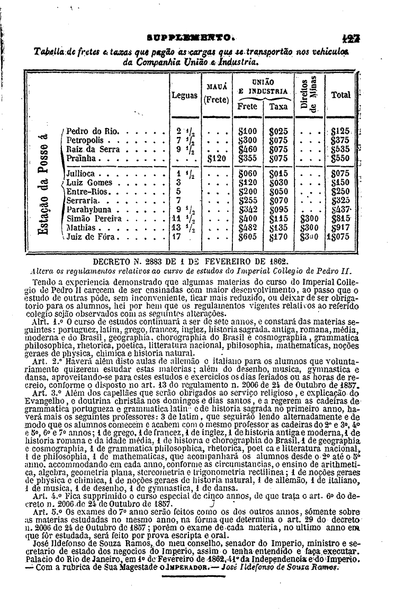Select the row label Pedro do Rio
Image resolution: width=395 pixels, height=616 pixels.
click(93, 131)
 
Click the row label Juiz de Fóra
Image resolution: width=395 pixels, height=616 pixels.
click(94, 238)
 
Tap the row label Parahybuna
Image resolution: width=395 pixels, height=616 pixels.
click(91, 210)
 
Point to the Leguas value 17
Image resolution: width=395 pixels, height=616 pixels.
click(177, 238)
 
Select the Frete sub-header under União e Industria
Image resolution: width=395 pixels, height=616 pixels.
click(247, 106)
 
